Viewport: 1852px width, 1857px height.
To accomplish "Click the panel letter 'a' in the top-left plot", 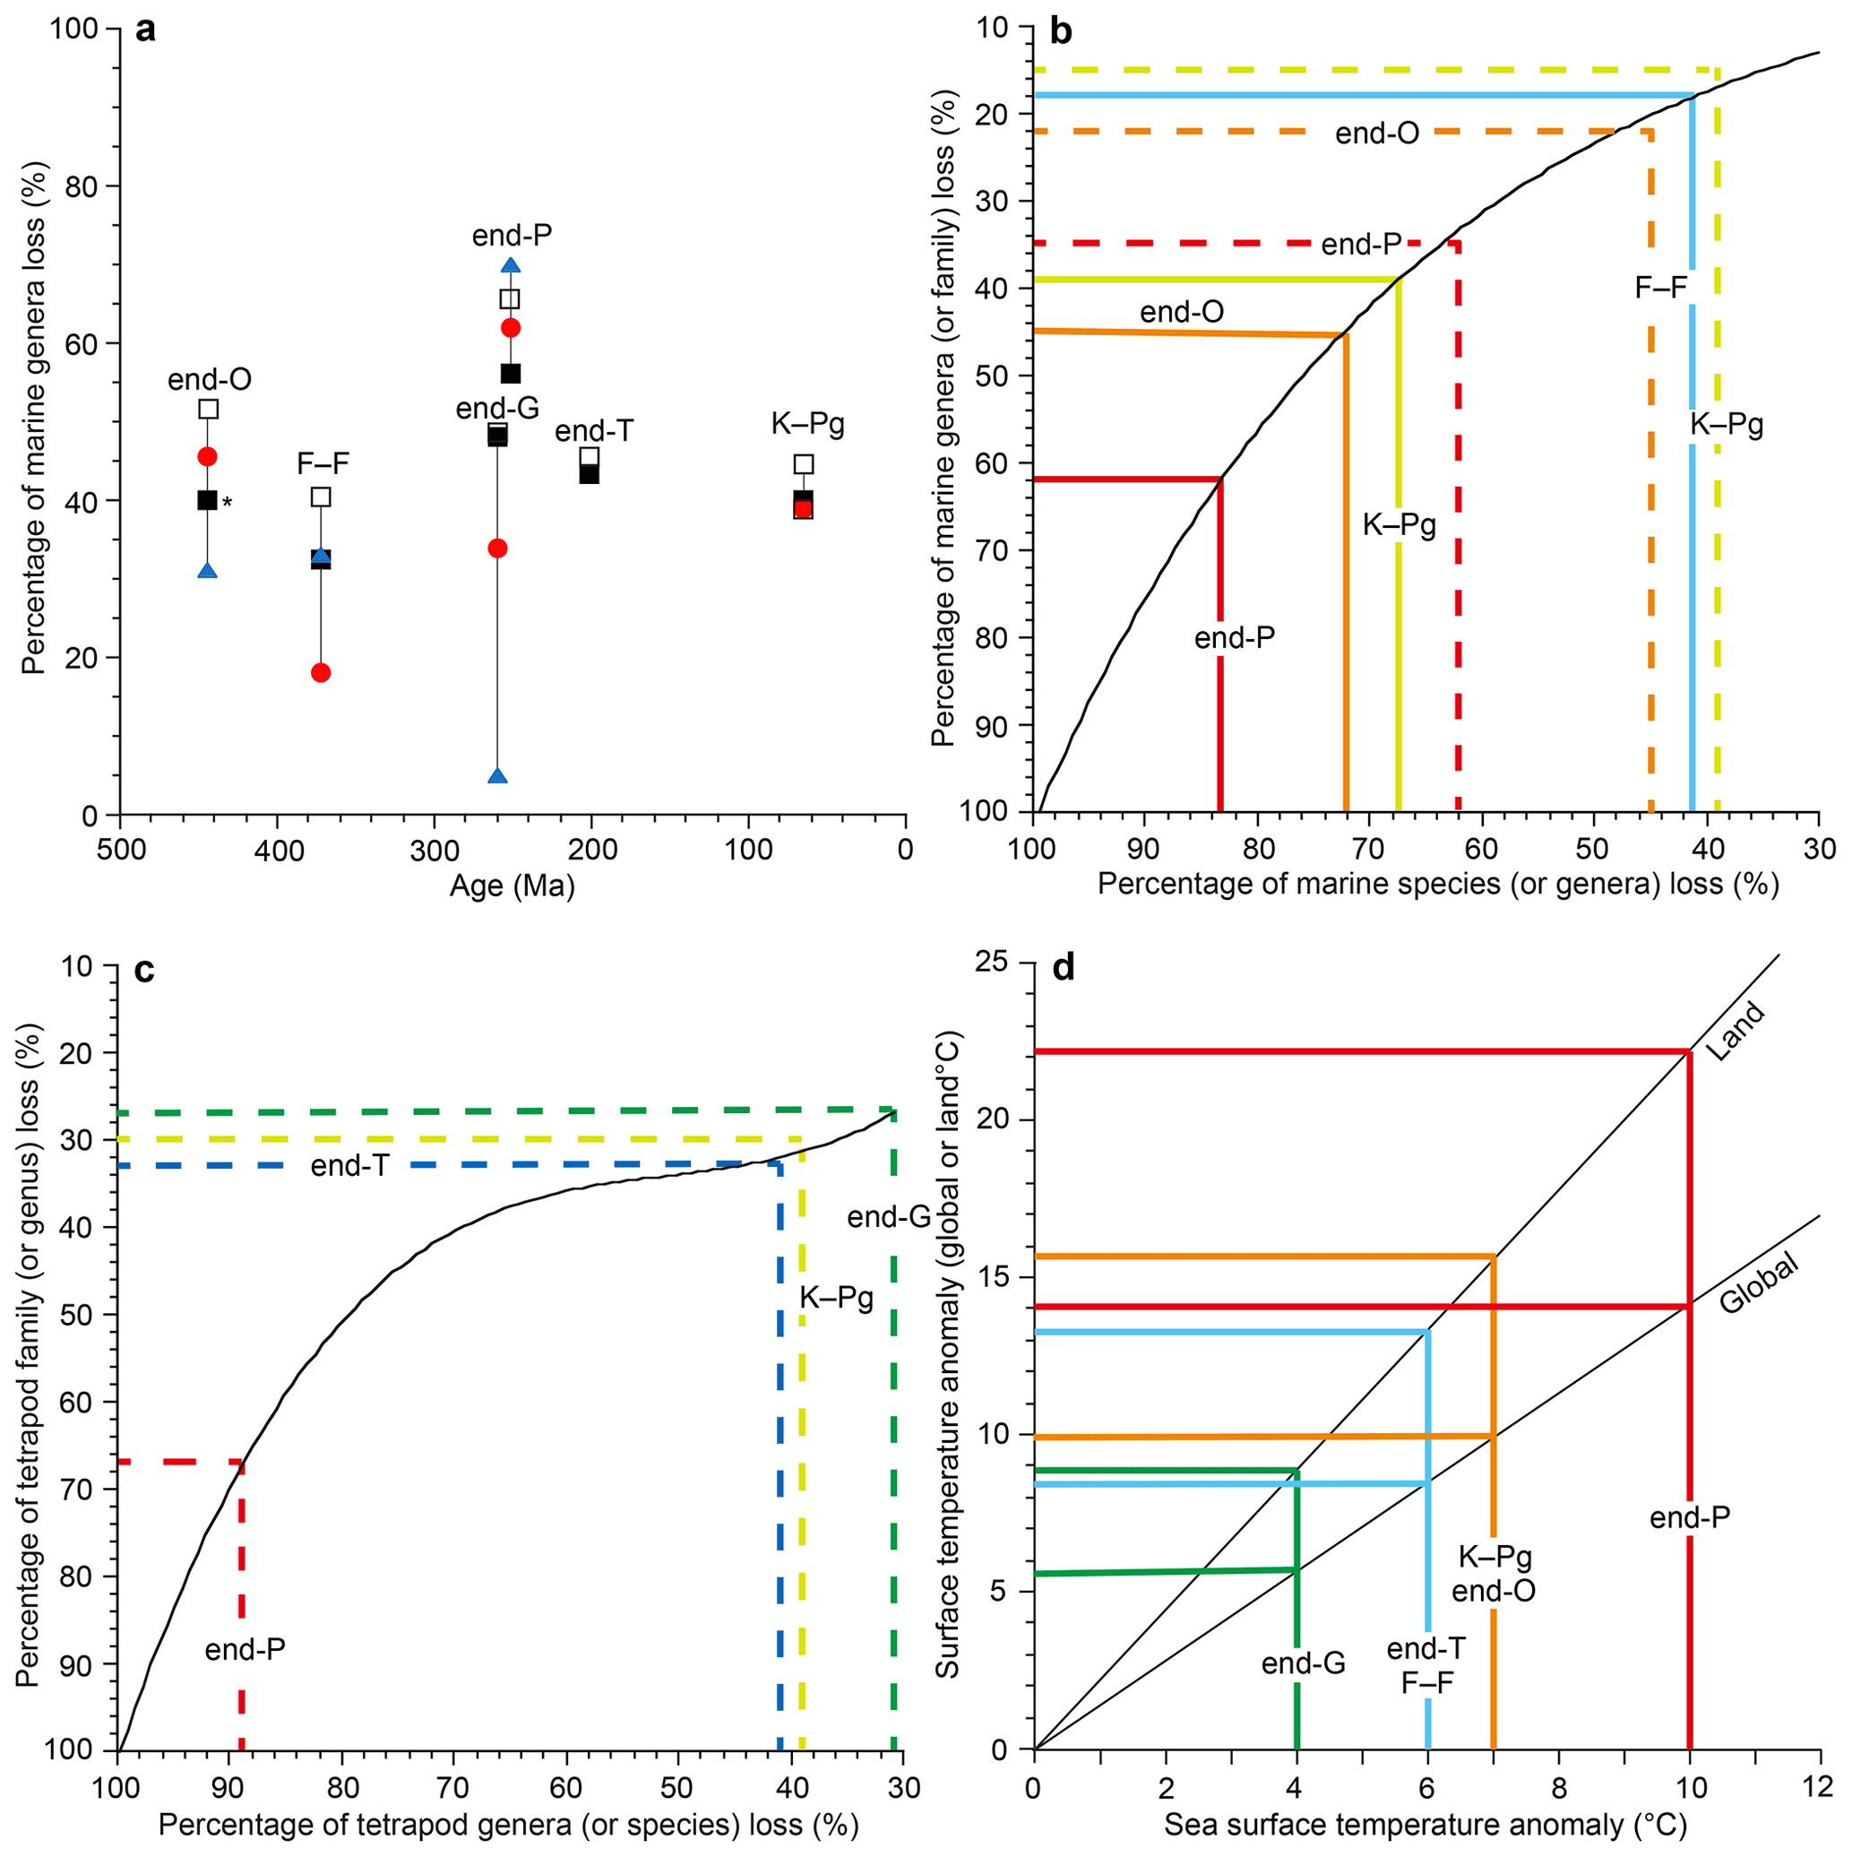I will [x=145, y=30].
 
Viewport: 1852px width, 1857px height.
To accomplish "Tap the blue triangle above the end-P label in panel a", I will [x=511, y=265].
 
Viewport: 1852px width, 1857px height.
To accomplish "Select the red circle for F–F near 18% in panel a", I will [x=321, y=673].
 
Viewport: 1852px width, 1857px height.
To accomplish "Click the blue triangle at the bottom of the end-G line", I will [x=497, y=775].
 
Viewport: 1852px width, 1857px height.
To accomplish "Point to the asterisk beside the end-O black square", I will [x=228, y=503].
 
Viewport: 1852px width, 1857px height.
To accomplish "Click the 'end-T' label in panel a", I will [x=594, y=430].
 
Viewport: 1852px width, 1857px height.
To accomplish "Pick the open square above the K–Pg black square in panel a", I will [x=804, y=464].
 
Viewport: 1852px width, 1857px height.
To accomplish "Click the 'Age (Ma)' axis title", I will [x=513, y=885].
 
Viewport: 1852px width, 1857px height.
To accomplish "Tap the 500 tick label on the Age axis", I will [x=119, y=851].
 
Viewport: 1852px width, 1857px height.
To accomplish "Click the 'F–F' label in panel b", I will [x=1661, y=288].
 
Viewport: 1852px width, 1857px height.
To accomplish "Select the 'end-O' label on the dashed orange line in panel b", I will [x=1377, y=134].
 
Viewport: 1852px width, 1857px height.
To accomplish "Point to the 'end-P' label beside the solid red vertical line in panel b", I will [x=1234, y=638].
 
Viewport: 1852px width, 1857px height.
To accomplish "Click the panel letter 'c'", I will [x=144, y=971].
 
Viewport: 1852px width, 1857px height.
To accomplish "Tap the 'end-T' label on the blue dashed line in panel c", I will [x=349, y=1166].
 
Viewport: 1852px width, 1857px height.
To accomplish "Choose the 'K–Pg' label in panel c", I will [x=836, y=1298].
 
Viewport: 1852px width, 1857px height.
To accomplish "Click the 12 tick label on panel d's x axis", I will [x=1818, y=1789].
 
